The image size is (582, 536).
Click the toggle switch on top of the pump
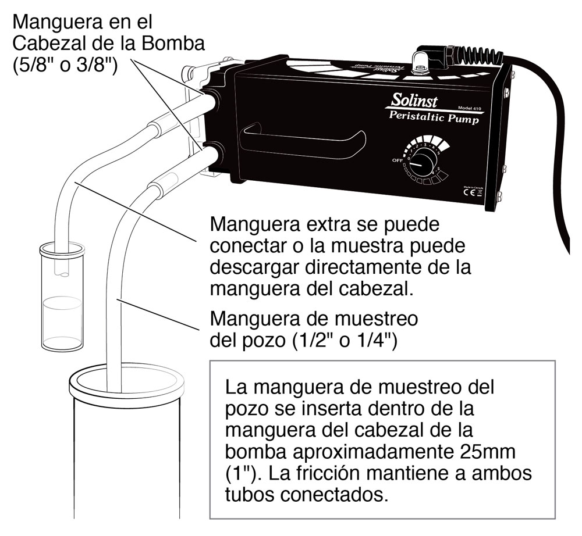417,60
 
